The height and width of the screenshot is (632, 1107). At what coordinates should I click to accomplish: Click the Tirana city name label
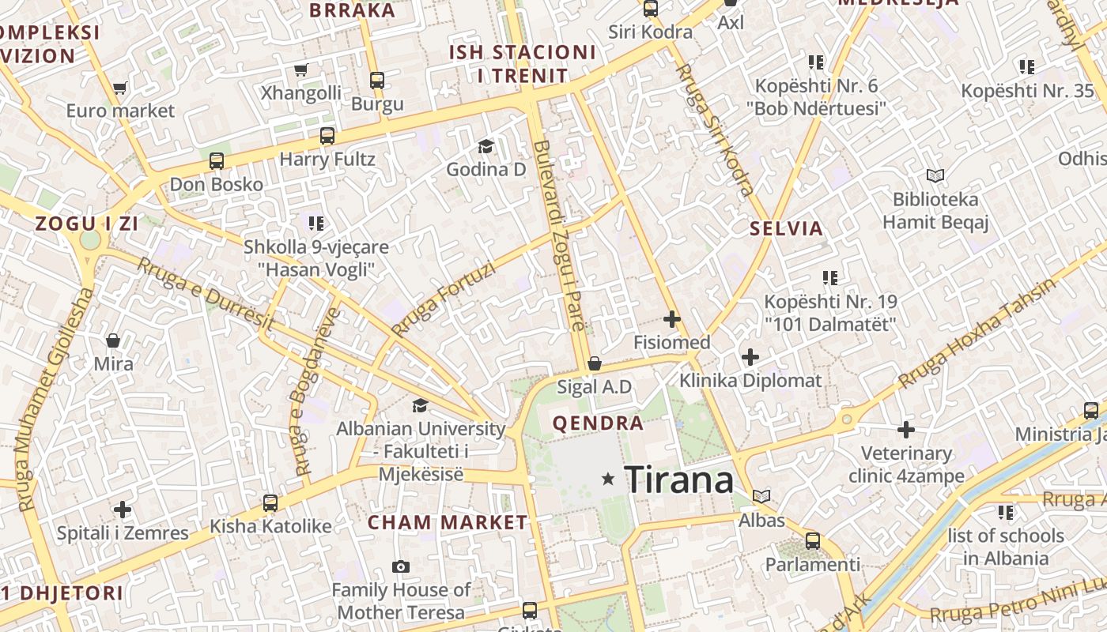(x=678, y=480)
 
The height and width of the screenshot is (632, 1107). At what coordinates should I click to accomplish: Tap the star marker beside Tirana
(x=608, y=479)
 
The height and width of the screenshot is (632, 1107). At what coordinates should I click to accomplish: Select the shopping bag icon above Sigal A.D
(x=594, y=363)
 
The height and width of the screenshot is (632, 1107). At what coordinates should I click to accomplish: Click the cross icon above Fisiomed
(x=672, y=319)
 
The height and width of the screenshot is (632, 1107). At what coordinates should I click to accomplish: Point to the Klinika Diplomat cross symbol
(x=750, y=357)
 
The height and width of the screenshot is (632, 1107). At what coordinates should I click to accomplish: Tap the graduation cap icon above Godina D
(x=485, y=146)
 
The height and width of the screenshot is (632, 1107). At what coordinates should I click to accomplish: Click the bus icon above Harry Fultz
(x=327, y=136)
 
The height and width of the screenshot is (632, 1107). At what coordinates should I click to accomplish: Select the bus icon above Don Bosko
(x=217, y=161)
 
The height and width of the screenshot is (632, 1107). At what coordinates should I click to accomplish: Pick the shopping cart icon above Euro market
(x=119, y=88)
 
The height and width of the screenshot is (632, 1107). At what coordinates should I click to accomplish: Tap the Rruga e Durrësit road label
(x=205, y=293)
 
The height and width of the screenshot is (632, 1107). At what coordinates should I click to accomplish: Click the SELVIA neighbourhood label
(x=786, y=229)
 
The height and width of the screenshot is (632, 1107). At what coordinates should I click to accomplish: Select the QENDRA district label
(x=598, y=423)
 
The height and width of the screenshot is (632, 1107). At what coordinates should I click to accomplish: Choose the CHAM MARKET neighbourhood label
(x=448, y=522)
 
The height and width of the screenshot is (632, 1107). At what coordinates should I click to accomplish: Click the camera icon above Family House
(x=401, y=566)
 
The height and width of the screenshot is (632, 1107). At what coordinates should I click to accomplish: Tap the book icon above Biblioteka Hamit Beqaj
(x=935, y=175)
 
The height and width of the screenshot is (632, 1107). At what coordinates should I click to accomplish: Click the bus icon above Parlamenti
(x=812, y=541)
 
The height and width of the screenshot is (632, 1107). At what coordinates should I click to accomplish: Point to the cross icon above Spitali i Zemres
(x=123, y=510)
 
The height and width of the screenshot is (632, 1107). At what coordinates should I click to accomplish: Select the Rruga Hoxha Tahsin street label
(x=976, y=333)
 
